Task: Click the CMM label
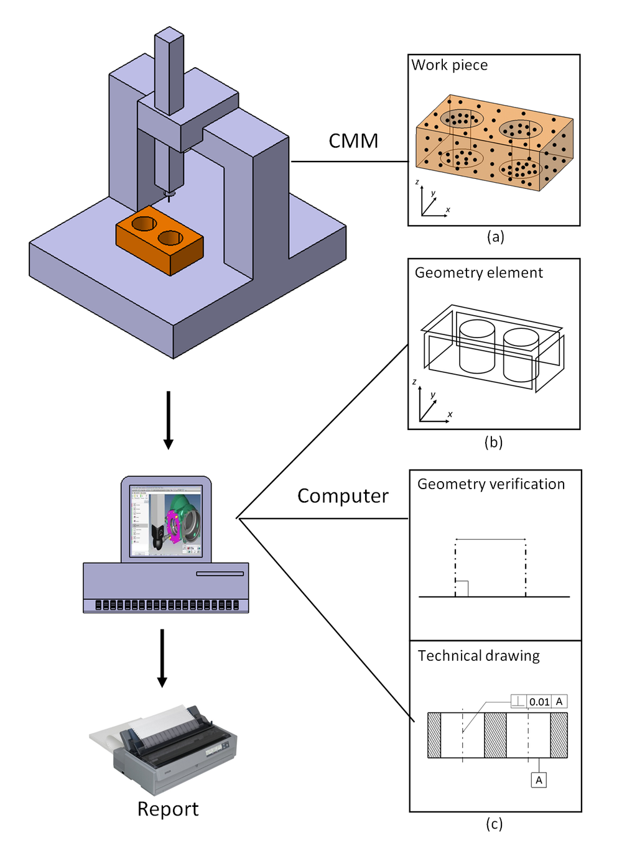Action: click(x=353, y=141)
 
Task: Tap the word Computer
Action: click(x=343, y=496)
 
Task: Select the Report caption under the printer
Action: click(x=168, y=809)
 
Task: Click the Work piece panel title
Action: click(x=450, y=65)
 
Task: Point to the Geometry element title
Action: click(x=478, y=273)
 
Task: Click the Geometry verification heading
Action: click(x=491, y=484)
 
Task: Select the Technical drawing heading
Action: click(x=478, y=656)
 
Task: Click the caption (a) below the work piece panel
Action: click(x=495, y=236)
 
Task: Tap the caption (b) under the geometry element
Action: click(x=493, y=442)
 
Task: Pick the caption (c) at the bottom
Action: click(x=494, y=824)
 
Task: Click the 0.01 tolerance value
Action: click(x=539, y=702)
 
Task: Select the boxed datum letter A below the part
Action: click(x=539, y=780)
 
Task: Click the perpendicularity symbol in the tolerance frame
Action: click(x=519, y=702)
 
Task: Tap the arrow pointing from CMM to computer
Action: click(x=168, y=420)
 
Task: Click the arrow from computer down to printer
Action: click(x=162, y=658)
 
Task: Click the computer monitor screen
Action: click(x=166, y=521)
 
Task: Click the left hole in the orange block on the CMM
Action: click(x=144, y=223)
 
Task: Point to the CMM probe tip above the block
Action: click(x=169, y=195)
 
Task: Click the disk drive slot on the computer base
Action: click(x=220, y=574)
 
